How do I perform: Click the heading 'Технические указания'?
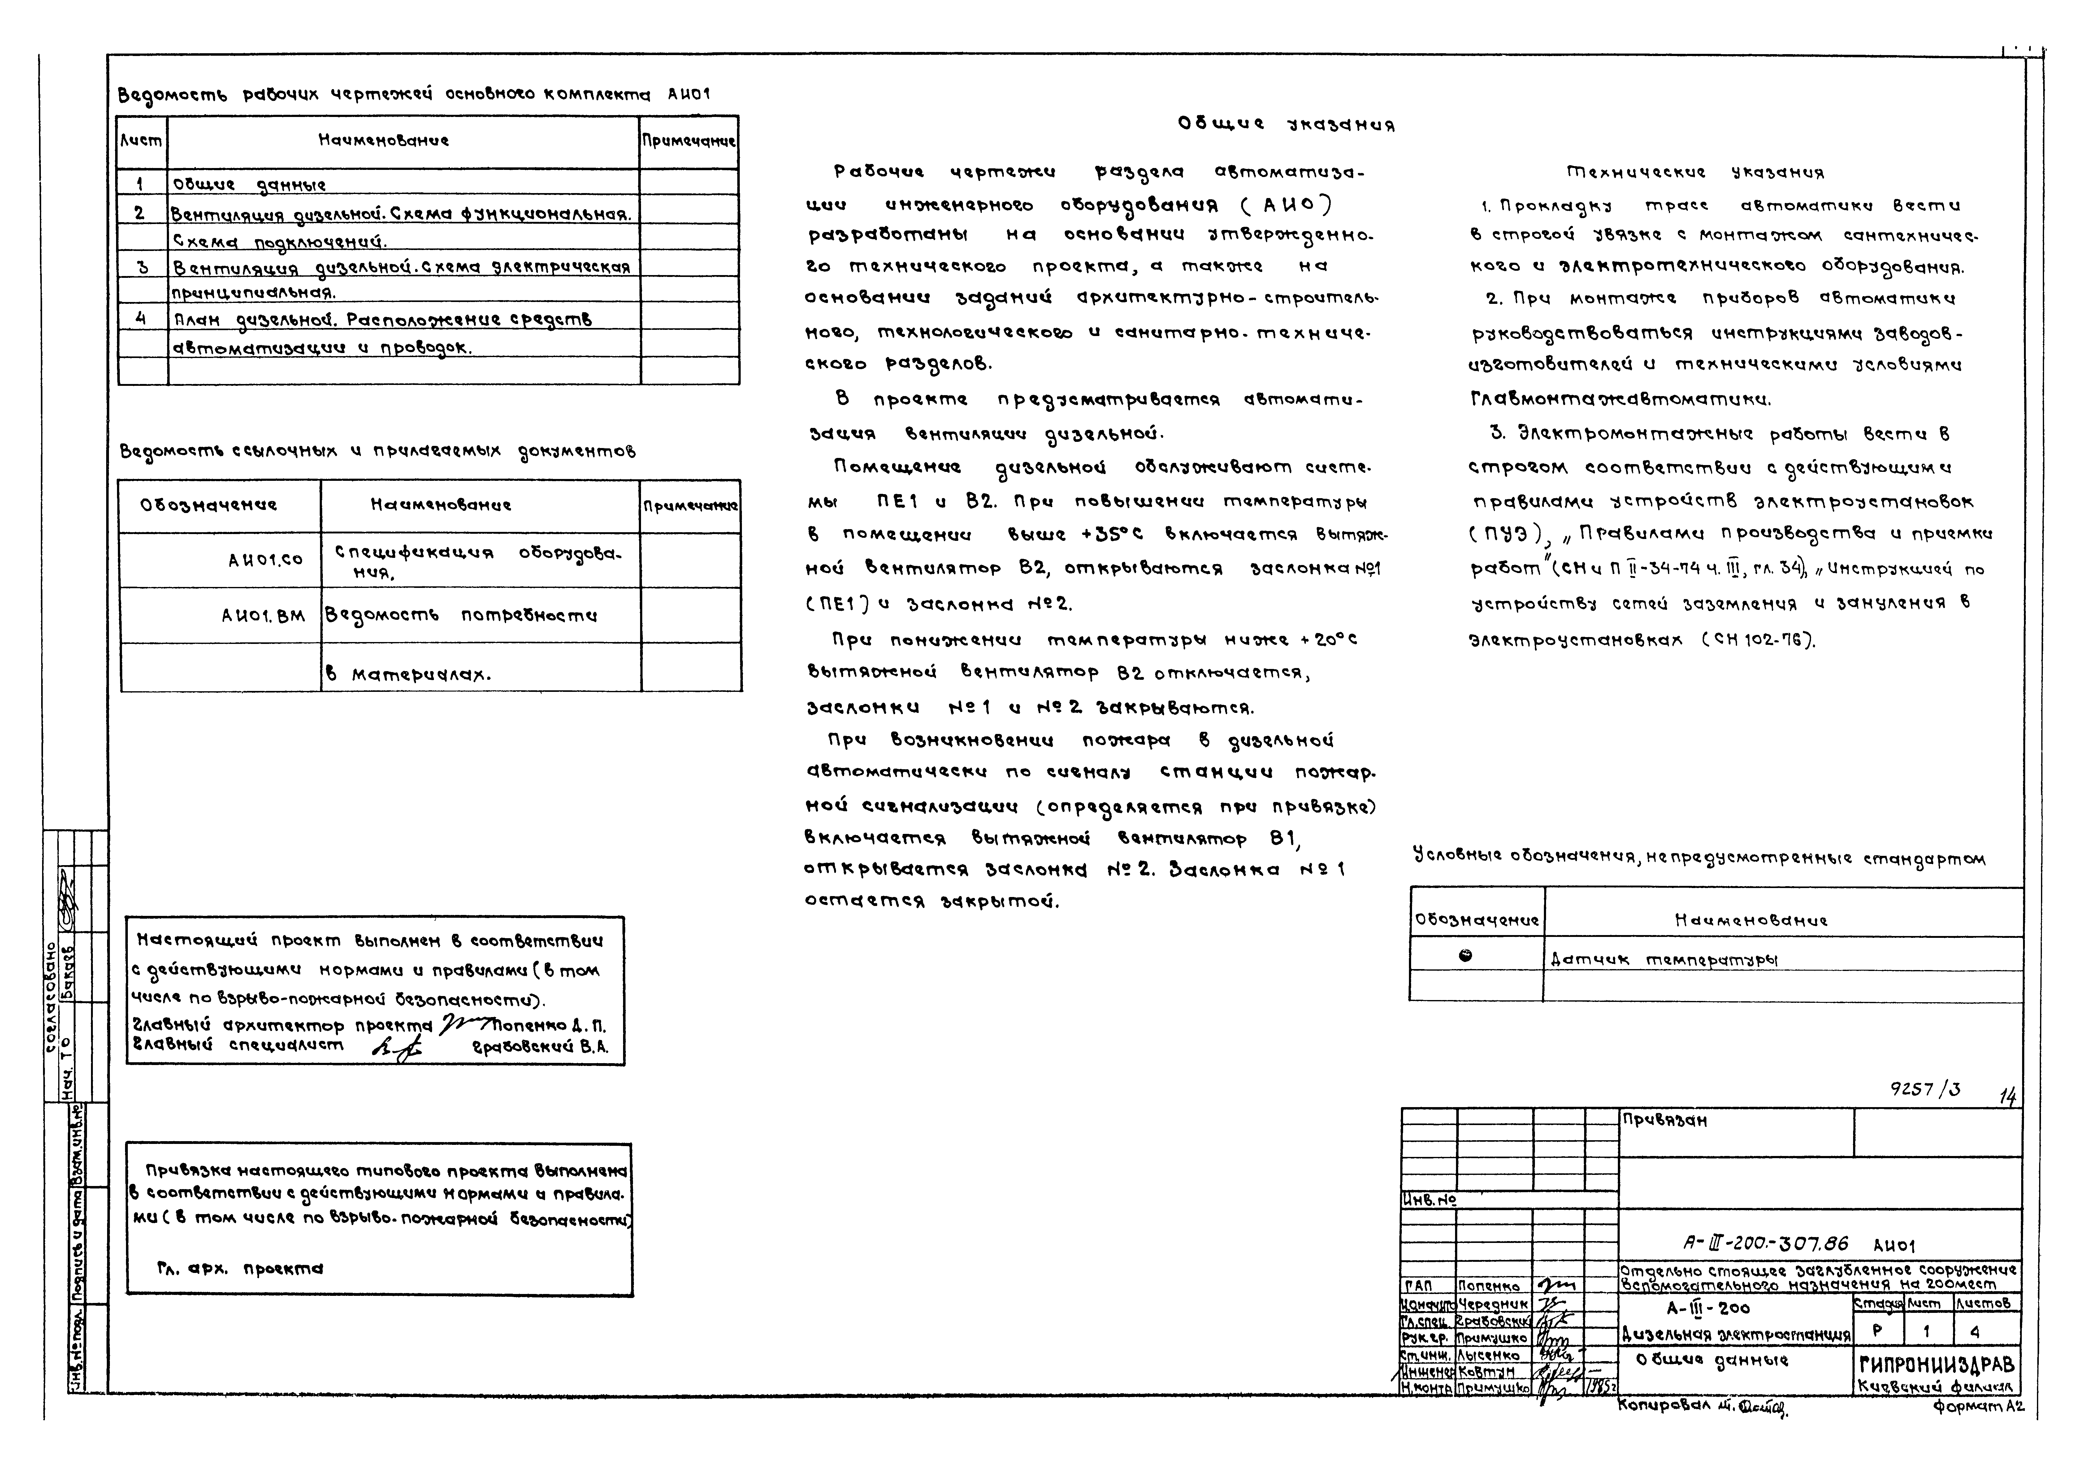point(1696,172)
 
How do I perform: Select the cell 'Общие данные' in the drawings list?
point(249,184)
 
